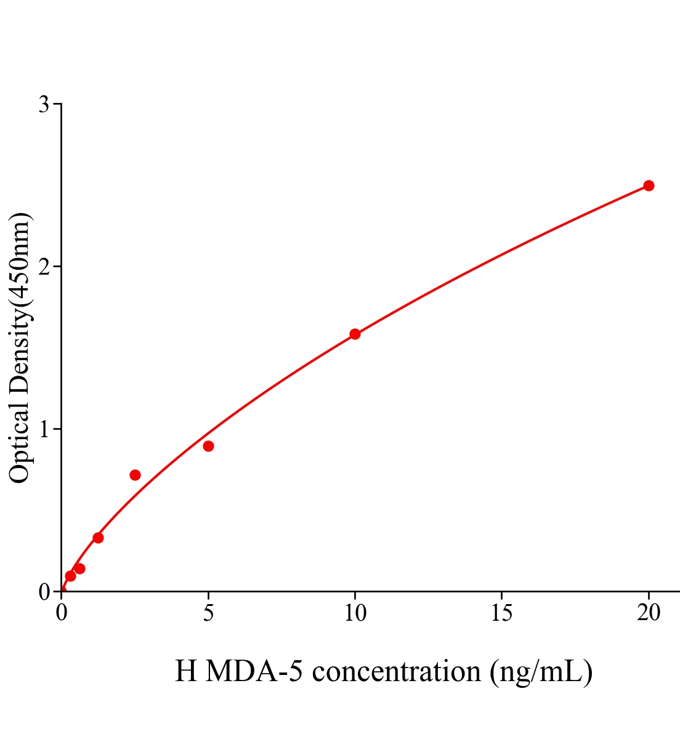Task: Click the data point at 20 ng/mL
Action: tap(649, 185)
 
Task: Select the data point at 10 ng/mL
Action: tap(355, 334)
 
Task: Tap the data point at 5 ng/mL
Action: tap(208, 446)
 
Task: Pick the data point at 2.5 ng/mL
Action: tap(135, 475)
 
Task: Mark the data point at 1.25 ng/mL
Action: tap(98, 538)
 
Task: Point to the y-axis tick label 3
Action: tap(44, 105)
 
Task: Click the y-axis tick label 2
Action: tap(44, 267)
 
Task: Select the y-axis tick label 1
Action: tap(44, 429)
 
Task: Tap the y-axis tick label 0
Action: tap(44, 592)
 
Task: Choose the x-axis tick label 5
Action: tap(208, 613)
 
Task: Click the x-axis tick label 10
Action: tap(355, 613)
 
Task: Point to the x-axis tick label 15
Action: tap(502, 613)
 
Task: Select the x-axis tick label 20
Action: tap(649, 613)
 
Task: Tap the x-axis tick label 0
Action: tap(62, 613)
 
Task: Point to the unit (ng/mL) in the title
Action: tap(541, 671)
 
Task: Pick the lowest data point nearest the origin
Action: tap(70, 576)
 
